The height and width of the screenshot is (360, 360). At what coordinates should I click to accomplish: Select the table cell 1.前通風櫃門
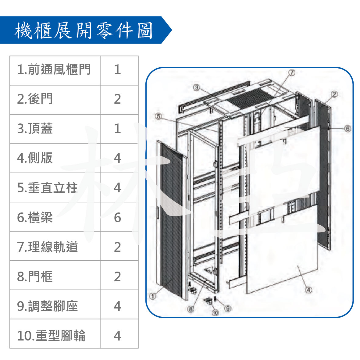(x=55, y=70)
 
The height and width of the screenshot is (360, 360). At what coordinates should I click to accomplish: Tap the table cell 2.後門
(x=55, y=100)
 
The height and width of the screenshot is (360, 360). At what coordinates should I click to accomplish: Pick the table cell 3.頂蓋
(x=55, y=129)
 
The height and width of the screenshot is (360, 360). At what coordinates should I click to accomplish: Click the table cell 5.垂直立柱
(x=55, y=187)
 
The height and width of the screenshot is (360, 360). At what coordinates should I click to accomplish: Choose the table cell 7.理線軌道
(x=55, y=246)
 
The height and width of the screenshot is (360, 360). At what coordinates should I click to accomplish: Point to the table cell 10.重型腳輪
(x=55, y=333)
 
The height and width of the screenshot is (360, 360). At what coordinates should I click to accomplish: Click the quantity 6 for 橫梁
(x=117, y=217)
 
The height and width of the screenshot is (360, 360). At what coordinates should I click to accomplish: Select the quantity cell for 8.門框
(x=119, y=275)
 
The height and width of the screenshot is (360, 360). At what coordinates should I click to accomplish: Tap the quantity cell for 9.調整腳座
(x=119, y=305)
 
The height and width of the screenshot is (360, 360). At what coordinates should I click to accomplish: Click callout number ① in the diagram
(x=153, y=296)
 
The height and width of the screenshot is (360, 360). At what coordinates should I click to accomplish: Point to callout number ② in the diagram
(x=334, y=94)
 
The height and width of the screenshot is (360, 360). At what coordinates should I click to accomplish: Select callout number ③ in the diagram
(x=197, y=87)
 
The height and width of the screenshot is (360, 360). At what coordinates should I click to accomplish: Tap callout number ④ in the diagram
(x=308, y=290)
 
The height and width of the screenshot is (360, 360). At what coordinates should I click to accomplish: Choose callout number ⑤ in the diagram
(x=159, y=116)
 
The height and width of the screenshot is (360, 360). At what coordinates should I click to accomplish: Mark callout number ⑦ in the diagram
(x=291, y=73)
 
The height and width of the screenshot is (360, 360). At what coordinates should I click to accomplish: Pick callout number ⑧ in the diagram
(x=191, y=309)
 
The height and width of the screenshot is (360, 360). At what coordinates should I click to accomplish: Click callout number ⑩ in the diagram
(x=215, y=313)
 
